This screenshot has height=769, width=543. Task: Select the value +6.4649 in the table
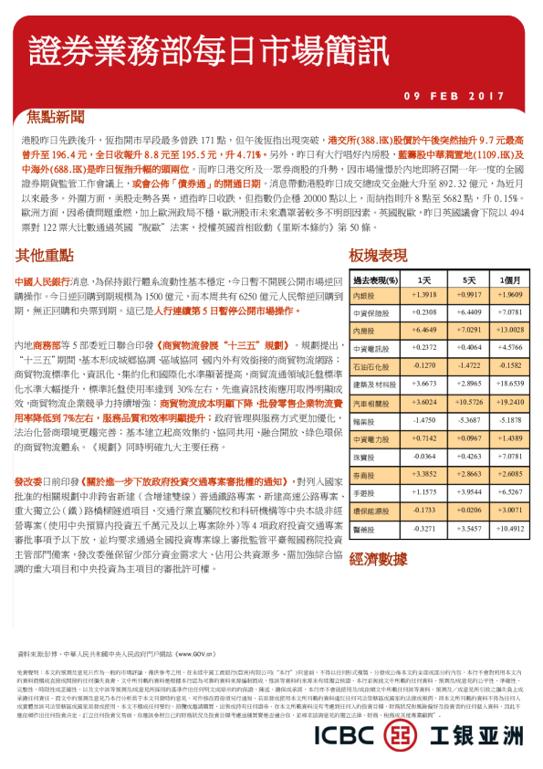pos(424,331)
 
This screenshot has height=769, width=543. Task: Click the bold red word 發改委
pos(30,479)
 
